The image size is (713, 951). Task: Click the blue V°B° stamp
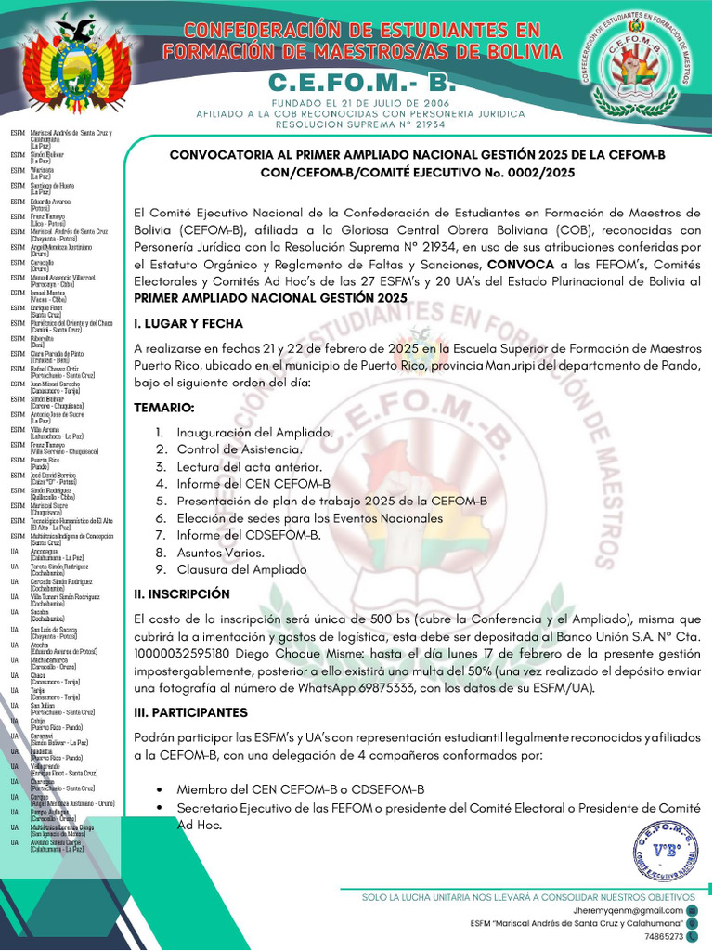pyautogui.click(x=664, y=852)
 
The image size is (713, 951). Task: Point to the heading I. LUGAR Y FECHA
pyautogui.click(x=188, y=324)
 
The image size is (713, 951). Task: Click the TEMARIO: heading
pyautogui.click(x=164, y=408)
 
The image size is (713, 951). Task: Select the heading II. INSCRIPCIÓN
pyautogui.click(x=181, y=593)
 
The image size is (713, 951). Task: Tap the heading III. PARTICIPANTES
pyautogui.click(x=190, y=712)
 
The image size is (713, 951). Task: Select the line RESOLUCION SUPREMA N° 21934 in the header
pyautogui.click(x=360, y=124)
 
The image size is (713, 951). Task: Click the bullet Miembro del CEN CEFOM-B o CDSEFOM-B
pyautogui.click(x=301, y=788)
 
